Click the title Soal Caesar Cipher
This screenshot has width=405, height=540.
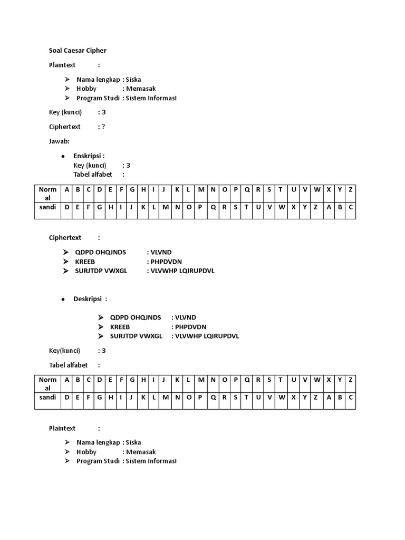click(x=78, y=51)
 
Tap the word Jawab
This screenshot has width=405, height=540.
click(x=60, y=141)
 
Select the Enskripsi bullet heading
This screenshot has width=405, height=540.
click(x=89, y=156)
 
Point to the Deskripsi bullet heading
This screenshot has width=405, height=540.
click(x=90, y=299)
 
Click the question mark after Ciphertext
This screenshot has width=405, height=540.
click(x=103, y=127)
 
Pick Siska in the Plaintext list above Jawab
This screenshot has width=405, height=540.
click(x=133, y=80)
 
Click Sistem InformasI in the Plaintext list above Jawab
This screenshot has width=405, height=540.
click(x=151, y=98)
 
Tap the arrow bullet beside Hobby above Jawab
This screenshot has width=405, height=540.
click(x=67, y=89)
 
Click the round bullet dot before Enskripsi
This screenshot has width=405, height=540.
click(x=63, y=157)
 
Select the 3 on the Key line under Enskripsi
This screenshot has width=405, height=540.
click(x=128, y=165)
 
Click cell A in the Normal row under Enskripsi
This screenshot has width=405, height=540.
click(x=67, y=190)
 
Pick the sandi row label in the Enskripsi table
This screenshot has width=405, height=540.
click(x=47, y=207)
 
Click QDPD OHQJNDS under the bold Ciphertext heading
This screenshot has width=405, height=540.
click(x=101, y=252)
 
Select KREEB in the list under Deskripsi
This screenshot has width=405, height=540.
click(x=120, y=327)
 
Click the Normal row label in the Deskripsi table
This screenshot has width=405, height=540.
click(x=47, y=383)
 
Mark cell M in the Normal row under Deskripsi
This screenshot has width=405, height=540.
click(x=201, y=380)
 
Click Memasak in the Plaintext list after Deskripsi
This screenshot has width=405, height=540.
click(x=141, y=452)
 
